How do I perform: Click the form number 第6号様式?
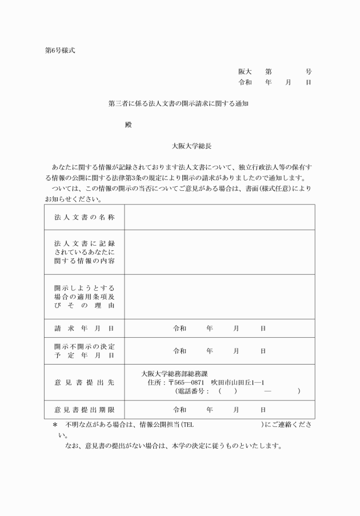(59, 50)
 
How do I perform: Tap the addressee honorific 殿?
(128, 125)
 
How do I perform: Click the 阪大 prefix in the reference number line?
(245, 72)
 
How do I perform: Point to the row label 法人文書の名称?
(84, 217)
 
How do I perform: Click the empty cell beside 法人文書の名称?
(219, 217)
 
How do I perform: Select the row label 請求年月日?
(84, 329)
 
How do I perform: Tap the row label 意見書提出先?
(84, 382)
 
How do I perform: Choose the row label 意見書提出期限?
(84, 410)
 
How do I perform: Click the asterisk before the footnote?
(55, 426)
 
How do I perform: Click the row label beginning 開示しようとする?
(84, 297)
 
